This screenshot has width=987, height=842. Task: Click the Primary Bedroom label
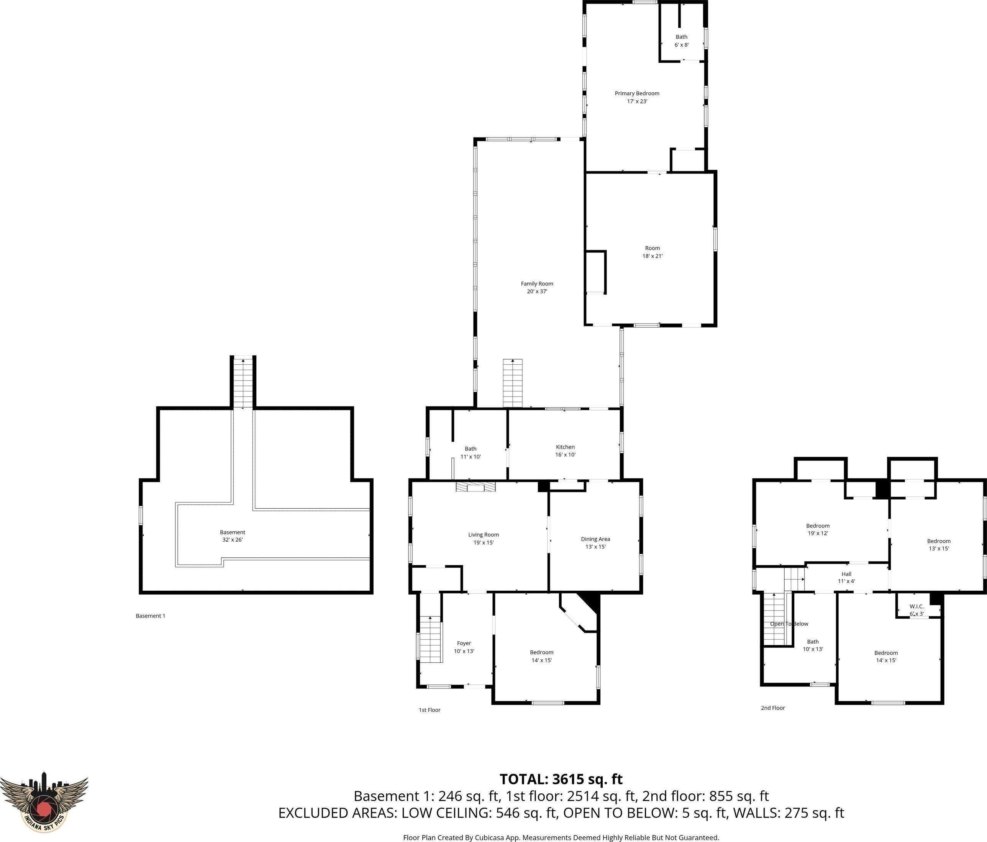(x=637, y=93)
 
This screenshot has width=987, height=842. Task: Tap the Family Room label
(x=537, y=284)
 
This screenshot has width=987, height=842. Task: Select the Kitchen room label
(x=566, y=447)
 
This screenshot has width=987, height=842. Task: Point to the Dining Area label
(x=595, y=539)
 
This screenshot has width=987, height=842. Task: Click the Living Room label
(x=484, y=535)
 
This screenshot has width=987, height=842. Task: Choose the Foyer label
(x=464, y=644)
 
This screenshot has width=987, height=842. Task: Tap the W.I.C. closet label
(x=916, y=606)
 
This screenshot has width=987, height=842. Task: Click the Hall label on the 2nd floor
(x=846, y=574)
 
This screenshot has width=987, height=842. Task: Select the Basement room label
(x=233, y=532)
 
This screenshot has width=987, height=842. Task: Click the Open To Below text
(x=789, y=624)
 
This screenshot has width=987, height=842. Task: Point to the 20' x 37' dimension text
(x=537, y=292)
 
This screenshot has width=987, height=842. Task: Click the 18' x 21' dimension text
(x=653, y=256)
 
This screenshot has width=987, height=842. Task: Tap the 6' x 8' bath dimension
(x=682, y=45)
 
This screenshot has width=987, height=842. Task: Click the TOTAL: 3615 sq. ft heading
(x=561, y=779)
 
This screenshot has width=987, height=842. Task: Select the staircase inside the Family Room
(x=513, y=383)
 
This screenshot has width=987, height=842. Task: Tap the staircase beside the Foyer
(x=431, y=638)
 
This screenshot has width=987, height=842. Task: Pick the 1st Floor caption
(x=430, y=710)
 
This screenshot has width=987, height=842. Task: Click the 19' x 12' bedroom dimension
(x=818, y=533)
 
